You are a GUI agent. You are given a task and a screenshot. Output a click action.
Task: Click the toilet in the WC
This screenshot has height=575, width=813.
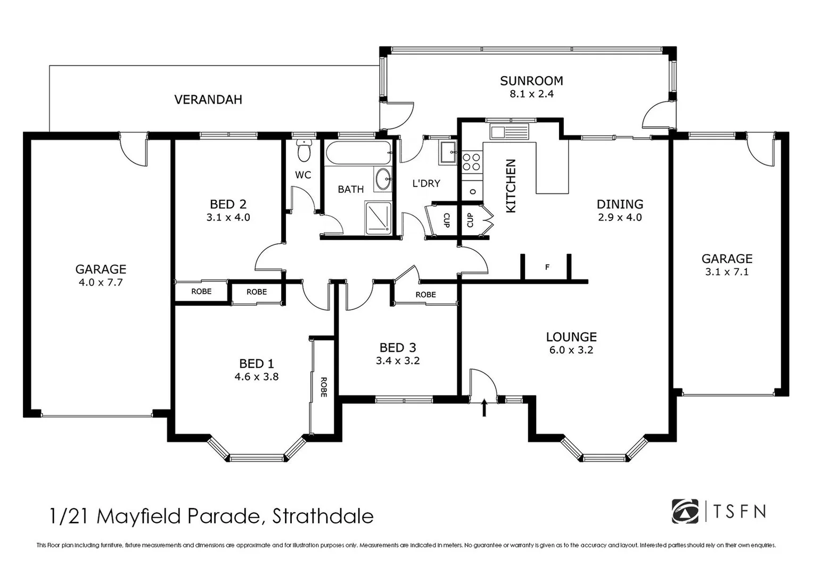click(304, 151)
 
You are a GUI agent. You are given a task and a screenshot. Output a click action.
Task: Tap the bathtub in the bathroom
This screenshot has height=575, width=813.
click(358, 153)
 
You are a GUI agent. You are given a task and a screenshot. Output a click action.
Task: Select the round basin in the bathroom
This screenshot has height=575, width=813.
click(382, 180)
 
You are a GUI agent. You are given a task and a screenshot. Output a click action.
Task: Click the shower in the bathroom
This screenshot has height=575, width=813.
click(378, 217)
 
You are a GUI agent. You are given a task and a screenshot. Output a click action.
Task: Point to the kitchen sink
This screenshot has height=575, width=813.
click(510, 131)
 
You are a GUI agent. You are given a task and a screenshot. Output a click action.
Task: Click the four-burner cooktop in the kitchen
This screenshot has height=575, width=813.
click(471, 162)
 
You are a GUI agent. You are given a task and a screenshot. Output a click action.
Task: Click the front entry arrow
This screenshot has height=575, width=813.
click(484, 408)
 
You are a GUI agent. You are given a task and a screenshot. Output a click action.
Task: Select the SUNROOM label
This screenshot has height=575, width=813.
click(531, 81)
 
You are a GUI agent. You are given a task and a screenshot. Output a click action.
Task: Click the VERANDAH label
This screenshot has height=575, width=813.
click(208, 100)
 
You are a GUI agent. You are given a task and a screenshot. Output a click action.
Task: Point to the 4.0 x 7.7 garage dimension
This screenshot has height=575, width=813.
click(101, 282)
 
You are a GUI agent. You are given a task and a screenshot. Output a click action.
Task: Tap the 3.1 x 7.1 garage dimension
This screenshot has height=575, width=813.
click(727, 272)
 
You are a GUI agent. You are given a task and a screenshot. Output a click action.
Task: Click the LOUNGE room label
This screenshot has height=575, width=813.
click(571, 337)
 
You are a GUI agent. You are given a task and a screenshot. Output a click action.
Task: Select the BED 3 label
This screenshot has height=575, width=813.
click(398, 348)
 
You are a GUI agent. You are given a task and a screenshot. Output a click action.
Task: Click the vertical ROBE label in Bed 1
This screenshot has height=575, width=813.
click(323, 387)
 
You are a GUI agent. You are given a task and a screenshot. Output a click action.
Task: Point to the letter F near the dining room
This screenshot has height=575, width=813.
click(547, 267)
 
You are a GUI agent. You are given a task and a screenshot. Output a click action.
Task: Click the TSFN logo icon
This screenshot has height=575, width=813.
click(685, 512)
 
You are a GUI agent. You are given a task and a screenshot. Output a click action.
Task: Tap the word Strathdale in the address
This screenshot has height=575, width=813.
click(323, 516)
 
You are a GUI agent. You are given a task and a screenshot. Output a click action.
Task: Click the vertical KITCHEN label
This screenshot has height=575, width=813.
click(511, 186)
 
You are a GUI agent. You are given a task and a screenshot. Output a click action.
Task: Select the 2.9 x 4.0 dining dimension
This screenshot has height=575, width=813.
click(620, 217)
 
